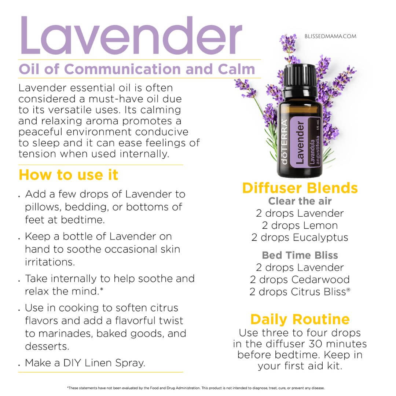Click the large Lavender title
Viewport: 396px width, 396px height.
pyautogui.click(x=131, y=35)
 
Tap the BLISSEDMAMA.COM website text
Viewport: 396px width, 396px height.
pyautogui.click(x=330, y=36)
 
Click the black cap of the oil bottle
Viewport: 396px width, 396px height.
pyautogui.click(x=300, y=76)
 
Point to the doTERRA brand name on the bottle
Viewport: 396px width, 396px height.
pyautogui.click(x=285, y=142)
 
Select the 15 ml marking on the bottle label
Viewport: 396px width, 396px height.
pyautogui.click(x=318, y=125)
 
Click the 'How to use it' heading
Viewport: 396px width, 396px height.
pyautogui.click(x=69, y=175)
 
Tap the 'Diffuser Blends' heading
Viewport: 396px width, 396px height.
pyautogui.click(x=300, y=188)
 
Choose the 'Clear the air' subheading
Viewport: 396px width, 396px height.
pyautogui.click(x=300, y=201)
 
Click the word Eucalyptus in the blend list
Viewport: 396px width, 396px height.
pyautogui.click(x=320, y=238)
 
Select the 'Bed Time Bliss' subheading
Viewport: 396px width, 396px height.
pyautogui.click(x=300, y=255)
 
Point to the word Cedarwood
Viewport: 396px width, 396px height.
pyautogui.click(x=320, y=279)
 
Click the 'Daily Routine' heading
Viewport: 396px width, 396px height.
pyautogui.click(x=300, y=319)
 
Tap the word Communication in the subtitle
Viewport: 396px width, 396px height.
pyautogui.click(x=122, y=69)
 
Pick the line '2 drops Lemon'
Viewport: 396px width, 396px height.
pyautogui.click(x=300, y=225)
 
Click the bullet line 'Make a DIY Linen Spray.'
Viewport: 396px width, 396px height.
pyautogui.click(x=85, y=363)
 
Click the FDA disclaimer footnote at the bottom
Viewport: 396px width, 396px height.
pyautogui.click(x=196, y=388)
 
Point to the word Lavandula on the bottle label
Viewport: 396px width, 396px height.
pyautogui.click(x=312, y=152)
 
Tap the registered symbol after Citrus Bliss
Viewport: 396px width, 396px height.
pyautogui.click(x=348, y=290)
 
